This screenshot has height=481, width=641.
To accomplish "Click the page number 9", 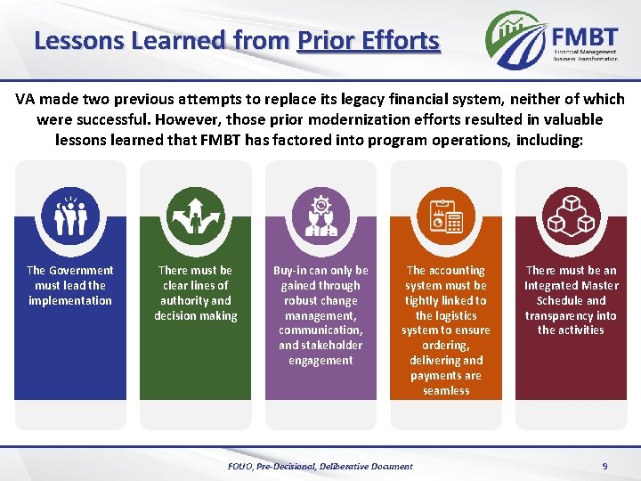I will (604, 466).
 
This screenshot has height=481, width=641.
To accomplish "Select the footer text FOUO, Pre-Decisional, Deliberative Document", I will (320, 466).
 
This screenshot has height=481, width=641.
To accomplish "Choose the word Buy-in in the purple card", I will (290, 271).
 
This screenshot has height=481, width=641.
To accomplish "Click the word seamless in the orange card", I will (446, 391).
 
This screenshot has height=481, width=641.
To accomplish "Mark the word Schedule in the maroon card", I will (561, 301).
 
